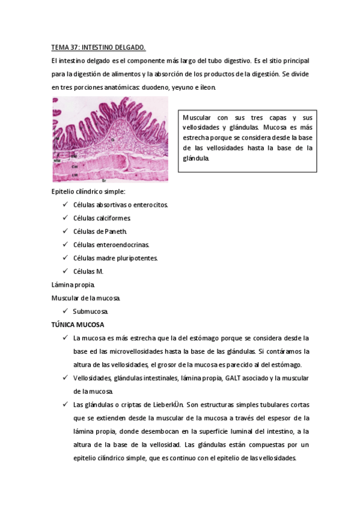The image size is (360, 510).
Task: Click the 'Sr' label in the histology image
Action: pyautogui.click(x=104, y=180)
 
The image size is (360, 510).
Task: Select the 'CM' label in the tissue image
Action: pyautogui.click(x=75, y=166)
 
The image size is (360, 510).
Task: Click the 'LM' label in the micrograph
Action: pyautogui.click(x=75, y=174)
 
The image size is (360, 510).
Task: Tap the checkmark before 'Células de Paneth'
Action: pyautogui.click(x=65, y=231)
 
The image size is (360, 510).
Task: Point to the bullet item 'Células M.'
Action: pyautogui.click(x=88, y=271)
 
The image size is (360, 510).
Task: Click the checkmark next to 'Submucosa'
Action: pyautogui.click(x=65, y=311)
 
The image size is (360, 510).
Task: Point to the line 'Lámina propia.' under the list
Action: pyautogui.click(x=73, y=284)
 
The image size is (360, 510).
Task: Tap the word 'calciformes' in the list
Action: pyautogui.click(x=112, y=218)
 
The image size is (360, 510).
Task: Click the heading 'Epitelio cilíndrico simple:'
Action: pyautogui.click(x=89, y=191)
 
